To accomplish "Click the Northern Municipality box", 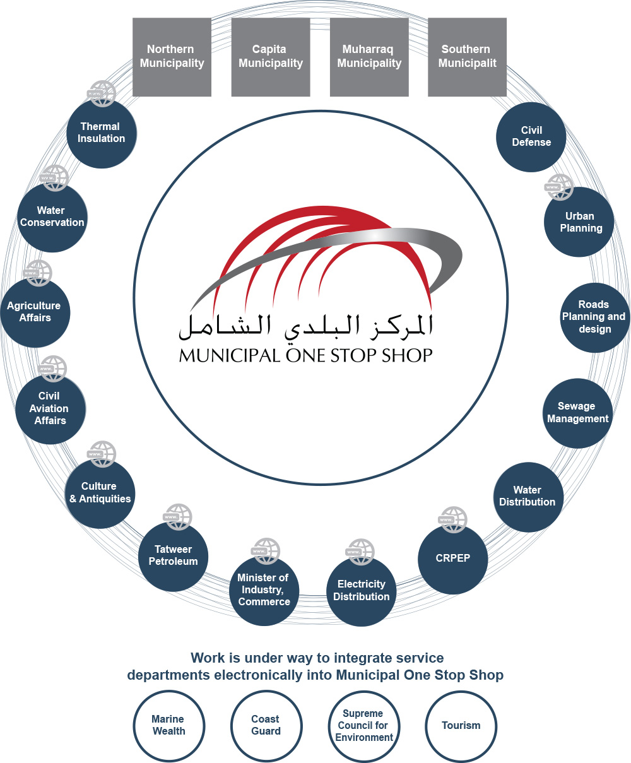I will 172,57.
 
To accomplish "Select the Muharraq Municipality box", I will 369,57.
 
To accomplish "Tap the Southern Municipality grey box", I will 467,57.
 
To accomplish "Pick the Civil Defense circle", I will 531,136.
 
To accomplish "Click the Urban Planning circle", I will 580,222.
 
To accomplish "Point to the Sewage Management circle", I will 577,413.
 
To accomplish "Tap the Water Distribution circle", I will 528,496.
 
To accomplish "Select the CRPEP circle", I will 452,559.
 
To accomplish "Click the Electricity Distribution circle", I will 362,591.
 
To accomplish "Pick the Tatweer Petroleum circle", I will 173,555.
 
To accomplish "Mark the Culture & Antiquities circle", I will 100,493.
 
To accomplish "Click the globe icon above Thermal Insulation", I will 101,93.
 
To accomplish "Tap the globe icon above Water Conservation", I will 54,178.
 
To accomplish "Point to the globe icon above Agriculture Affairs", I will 38,273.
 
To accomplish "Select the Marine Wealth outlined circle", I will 168,725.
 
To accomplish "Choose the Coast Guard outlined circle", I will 266,725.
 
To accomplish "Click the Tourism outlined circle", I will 461,725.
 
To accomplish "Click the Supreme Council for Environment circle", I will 363,725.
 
